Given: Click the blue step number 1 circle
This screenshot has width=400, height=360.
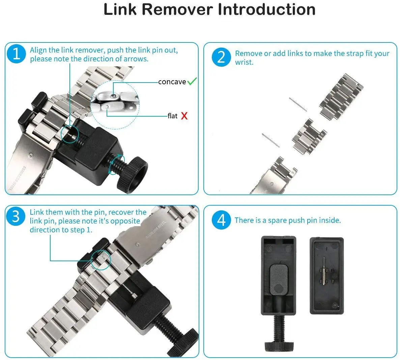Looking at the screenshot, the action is coord(16,54).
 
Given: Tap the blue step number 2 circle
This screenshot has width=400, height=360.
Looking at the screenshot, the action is coord(221,57).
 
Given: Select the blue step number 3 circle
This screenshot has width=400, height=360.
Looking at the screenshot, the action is coord(16,216).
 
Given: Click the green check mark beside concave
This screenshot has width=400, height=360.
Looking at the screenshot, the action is coord(192,81).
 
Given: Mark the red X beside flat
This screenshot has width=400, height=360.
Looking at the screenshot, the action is coord(184,116).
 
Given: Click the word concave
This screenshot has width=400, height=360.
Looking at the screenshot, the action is coord(172,82).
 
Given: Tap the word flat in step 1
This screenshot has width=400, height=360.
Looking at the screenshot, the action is coord(172,116).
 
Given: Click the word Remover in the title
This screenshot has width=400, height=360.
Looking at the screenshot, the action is coord(177,9).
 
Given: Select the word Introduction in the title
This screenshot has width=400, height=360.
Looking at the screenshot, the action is coord(266,9).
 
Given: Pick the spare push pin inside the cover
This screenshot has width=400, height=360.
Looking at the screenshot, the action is coord(324,271).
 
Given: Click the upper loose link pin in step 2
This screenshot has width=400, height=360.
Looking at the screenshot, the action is coord(298,104).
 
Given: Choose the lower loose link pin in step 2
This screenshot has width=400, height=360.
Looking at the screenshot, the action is coord(271,140).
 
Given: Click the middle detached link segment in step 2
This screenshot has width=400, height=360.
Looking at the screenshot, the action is coord(309,136).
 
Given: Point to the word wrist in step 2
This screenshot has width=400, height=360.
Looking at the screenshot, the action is coord(244,62).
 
